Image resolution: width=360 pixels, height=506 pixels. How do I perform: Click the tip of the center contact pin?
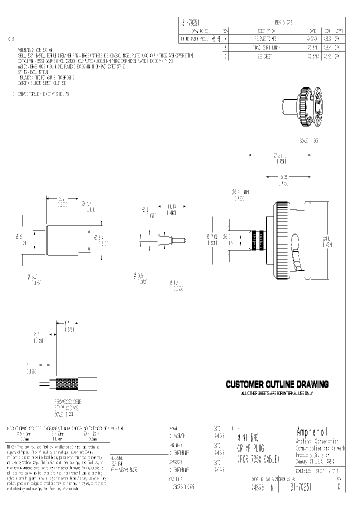183,240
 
